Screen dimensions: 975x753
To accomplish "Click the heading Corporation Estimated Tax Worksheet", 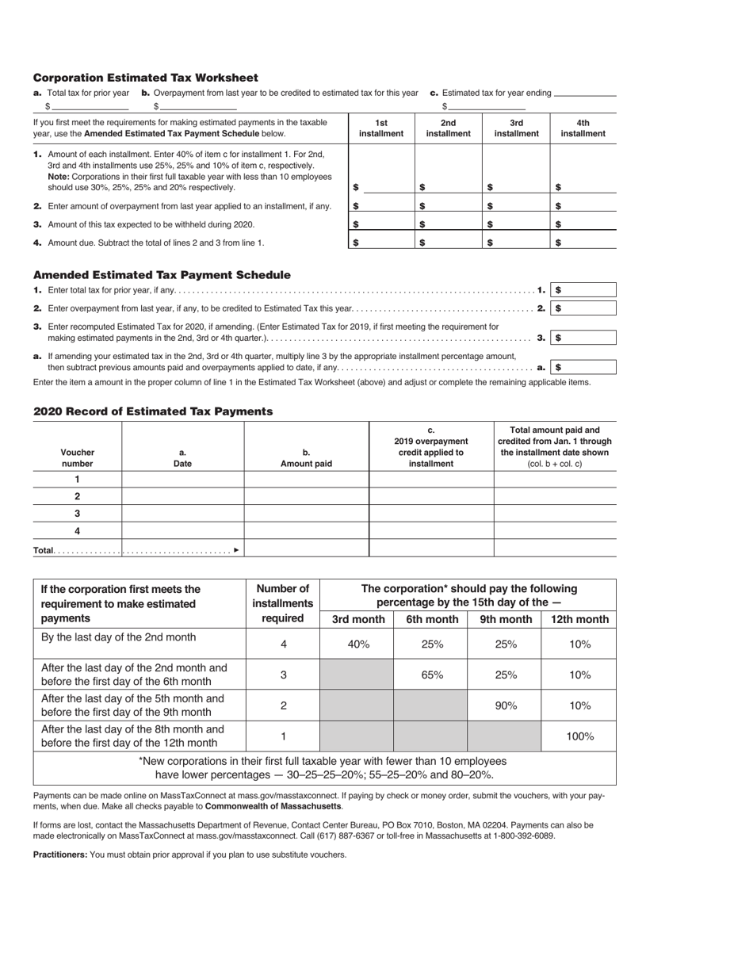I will click(145, 78).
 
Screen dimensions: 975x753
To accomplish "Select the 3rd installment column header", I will click(516, 128).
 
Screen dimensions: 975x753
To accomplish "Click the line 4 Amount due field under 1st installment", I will click(384, 243).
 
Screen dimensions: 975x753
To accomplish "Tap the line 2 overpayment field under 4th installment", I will click(587, 206).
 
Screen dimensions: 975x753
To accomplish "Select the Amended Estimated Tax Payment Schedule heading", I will click(162, 275).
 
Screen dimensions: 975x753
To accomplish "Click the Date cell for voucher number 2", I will click(182, 496).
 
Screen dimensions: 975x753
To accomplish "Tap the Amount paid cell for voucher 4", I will click(306, 531).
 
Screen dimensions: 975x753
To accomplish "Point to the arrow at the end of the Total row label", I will click(236, 550).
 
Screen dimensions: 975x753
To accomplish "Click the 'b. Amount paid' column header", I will click(306, 458).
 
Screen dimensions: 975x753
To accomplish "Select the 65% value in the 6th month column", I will click(431, 675).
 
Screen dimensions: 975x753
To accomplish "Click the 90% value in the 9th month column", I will click(505, 705).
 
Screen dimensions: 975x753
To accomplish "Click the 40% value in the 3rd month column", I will click(358, 644).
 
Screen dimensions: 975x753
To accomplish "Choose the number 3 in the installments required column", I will click(283, 675).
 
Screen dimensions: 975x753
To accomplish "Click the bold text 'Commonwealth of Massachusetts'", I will click(273, 806).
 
